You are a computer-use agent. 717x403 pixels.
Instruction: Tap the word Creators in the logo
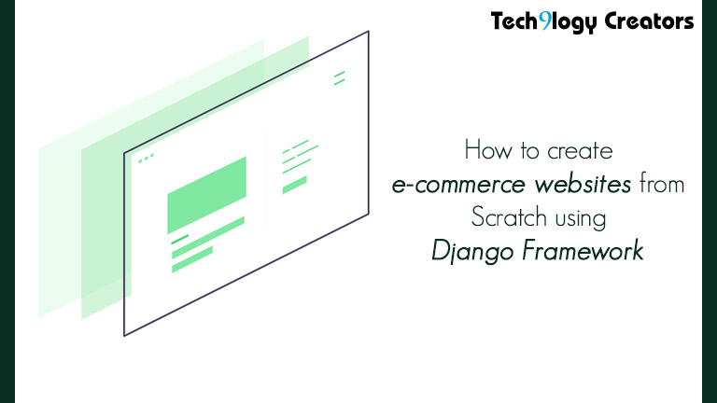652,20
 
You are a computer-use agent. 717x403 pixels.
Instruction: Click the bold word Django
463,252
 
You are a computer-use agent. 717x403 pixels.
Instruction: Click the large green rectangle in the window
206,195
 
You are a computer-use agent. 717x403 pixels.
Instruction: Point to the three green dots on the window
147,160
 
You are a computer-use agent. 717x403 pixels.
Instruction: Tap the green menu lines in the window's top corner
339,76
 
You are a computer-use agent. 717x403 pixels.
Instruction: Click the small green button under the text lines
294,186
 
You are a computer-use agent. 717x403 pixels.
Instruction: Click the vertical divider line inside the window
267,177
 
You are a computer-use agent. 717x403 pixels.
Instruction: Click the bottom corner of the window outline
124,335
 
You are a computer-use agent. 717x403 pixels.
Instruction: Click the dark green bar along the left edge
7,201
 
